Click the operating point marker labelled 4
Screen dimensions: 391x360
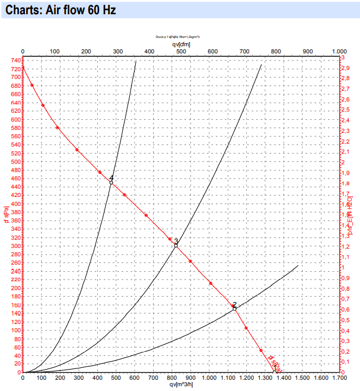click(x=111, y=182)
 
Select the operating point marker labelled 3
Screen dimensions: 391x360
click(x=176, y=245)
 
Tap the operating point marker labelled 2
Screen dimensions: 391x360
click(x=234, y=309)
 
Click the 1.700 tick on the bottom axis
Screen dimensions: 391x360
click(x=339, y=378)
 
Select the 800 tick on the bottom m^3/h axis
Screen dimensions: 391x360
click(x=172, y=378)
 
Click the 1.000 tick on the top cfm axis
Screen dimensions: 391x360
click(x=339, y=51)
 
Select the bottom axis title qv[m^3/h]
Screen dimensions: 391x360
click(x=181, y=385)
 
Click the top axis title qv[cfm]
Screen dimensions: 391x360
click(x=181, y=44)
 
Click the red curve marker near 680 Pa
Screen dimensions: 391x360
click(x=32, y=85)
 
